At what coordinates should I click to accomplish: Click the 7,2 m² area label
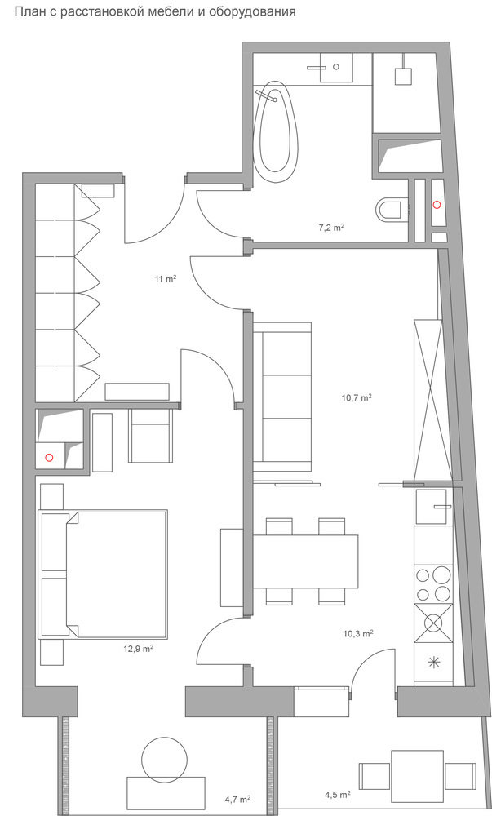(x=332, y=228)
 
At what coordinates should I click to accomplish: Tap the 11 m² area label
(x=166, y=279)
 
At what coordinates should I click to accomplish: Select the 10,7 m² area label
(x=357, y=397)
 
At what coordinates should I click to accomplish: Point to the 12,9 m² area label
(x=137, y=649)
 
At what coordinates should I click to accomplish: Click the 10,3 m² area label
(x=358, y=633)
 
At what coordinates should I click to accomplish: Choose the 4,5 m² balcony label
(x=338, y=795)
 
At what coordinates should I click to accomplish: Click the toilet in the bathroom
(x=389, y=210)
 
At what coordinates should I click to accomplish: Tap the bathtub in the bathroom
(x=275, y=131)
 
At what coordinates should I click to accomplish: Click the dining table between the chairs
(x=306, y=562)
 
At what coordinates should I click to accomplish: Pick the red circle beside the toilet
(x=437, y=205)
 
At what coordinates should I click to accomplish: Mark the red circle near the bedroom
(x=50, y=458)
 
